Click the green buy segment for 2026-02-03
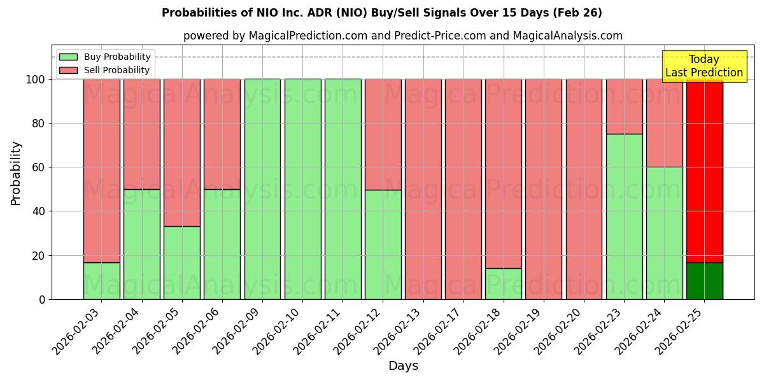(102, 281)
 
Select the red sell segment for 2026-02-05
(182, 153)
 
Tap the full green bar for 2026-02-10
(302, 189)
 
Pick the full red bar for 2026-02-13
(423, 189)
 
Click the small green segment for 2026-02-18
(504, 283)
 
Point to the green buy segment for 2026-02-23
(624, 216)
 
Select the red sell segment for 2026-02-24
(664, 123)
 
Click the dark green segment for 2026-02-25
(704, 281)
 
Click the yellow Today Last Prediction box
(704, 66)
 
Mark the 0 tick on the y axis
(41, 299)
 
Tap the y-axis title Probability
(16, 173)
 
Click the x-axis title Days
(403, 366)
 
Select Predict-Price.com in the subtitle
(428, 36)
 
